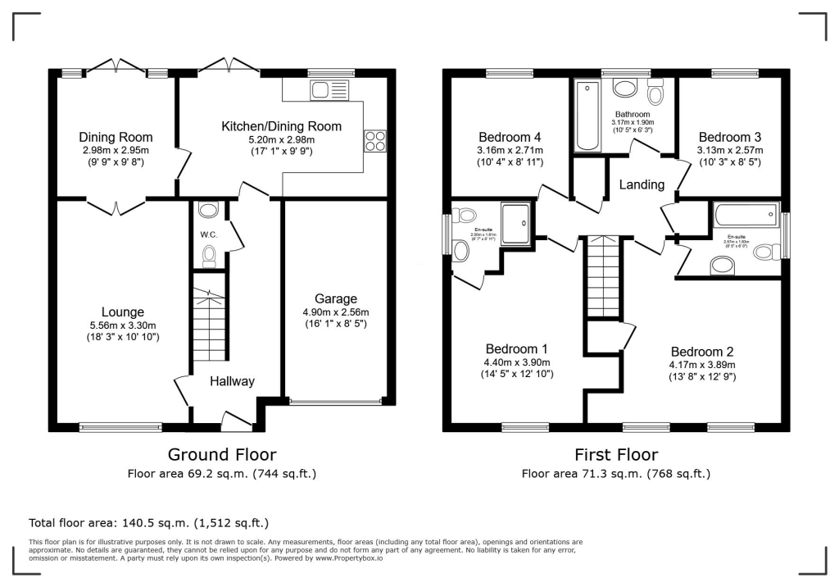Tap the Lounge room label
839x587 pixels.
123,312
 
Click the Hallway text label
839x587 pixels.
232,381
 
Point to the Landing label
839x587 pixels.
642,184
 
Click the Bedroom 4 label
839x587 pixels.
509,137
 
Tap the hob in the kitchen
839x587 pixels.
375,141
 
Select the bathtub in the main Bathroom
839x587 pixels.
587,116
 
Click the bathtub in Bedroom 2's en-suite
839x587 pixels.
745,216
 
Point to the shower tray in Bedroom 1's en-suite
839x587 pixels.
515,223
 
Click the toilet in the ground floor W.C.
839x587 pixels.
208,257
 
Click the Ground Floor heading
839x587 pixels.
221,454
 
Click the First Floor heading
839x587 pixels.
616,454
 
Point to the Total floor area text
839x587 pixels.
148,522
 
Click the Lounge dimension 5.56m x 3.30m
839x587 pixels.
123,325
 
